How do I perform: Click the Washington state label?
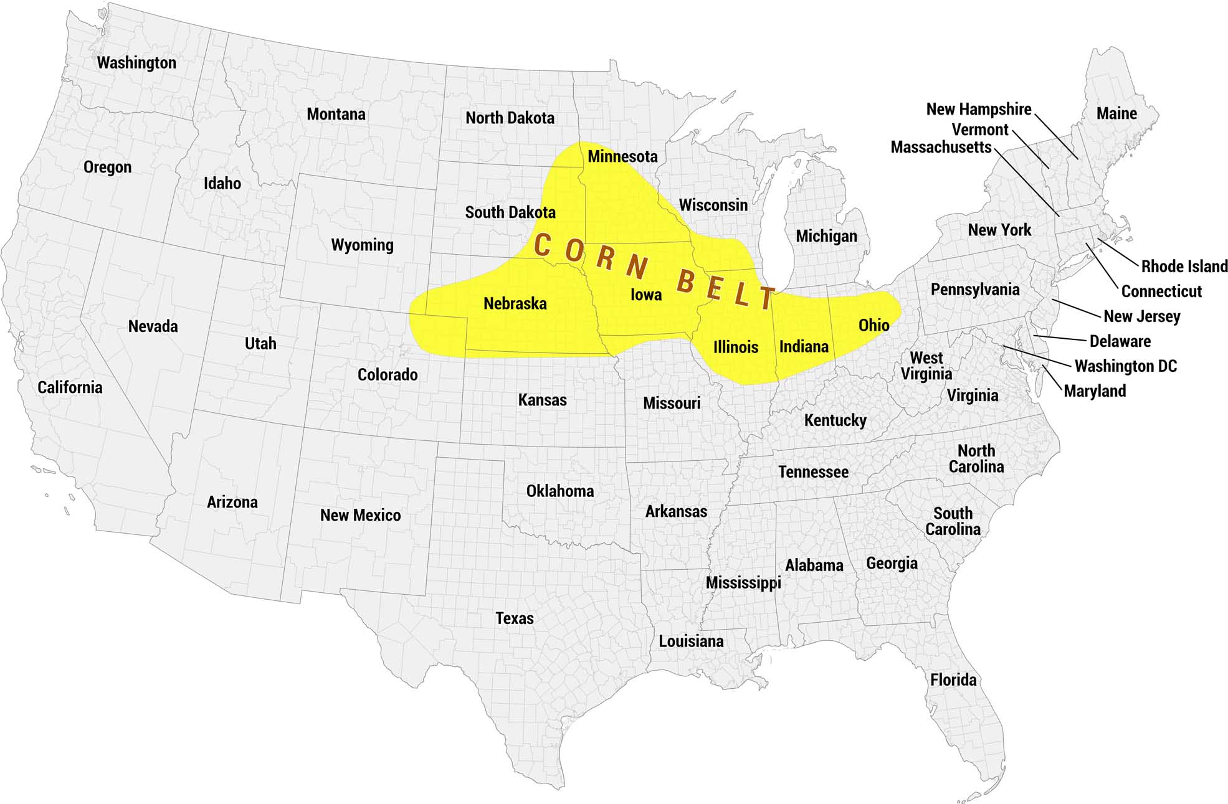136,63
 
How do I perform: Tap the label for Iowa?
646,295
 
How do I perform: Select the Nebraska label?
515,304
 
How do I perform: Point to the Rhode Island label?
1184,267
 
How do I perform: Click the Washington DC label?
1126,366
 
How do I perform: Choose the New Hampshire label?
978,110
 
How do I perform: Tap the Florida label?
953,680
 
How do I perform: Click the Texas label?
515,618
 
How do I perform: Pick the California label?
70,387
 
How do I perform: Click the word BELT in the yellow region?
726,290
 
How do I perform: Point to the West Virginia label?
926,366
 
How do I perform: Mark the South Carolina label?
953,521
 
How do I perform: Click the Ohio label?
873,325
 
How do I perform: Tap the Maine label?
1116,114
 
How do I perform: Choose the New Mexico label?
360,516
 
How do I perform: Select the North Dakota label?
510,118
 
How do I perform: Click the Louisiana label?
691,641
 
